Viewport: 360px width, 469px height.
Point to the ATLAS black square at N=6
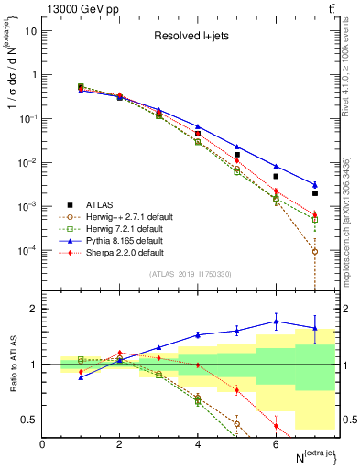tap(276, 176)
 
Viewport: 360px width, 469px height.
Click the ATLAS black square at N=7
tap(314, 193)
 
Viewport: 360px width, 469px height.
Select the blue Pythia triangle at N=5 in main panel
tap(236, 147)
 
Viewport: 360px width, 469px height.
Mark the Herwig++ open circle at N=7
tap(314, 251)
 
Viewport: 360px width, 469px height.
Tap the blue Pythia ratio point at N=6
tap(276, 322)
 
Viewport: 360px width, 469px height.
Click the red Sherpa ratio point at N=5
tap(236, 390)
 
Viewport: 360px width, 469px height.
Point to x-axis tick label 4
tap(198, 444)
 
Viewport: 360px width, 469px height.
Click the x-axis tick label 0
tap(43, 444)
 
